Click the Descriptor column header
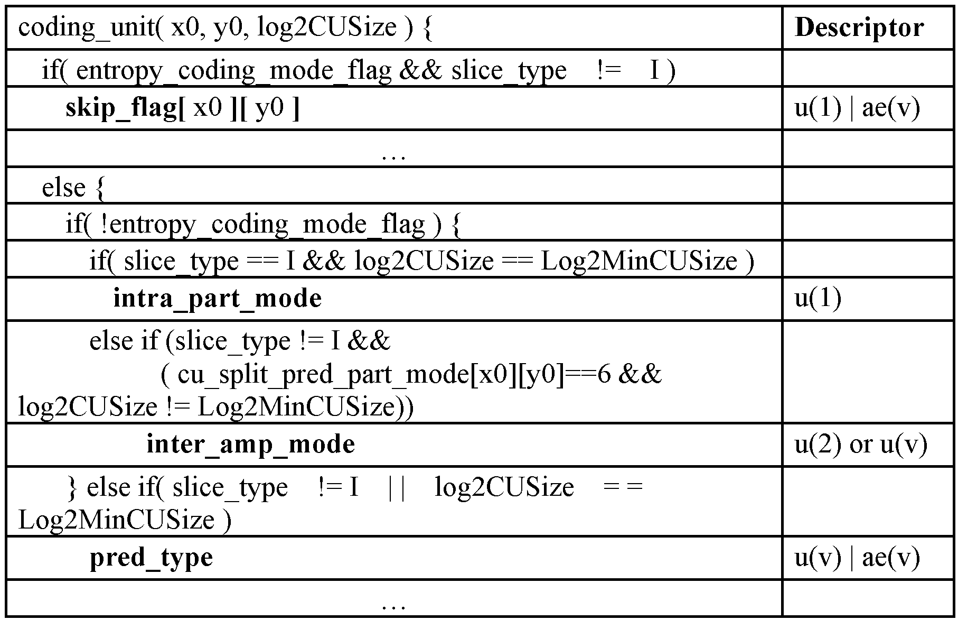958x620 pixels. (x=859, y=27)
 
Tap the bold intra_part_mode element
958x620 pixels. (x=217, y=299)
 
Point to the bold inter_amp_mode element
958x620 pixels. (x=250, y=444)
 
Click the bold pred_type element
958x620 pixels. (x=151, y=558)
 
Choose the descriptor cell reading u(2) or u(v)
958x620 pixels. (x=861, y=445)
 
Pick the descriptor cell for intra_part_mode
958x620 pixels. (x=818, y=299)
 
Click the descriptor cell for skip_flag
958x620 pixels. (x=857, y=108)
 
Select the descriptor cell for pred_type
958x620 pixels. (x=857, y=558)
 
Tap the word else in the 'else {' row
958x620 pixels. (x=63, y=188)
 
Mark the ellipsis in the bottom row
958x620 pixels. (x=393, y=604)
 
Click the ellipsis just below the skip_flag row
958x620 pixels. (x=393, y=154)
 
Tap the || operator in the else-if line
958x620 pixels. (x=396, y=487)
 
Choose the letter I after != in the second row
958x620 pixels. (x=655, y=70)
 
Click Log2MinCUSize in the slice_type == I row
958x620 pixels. (x=639, y=262)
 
